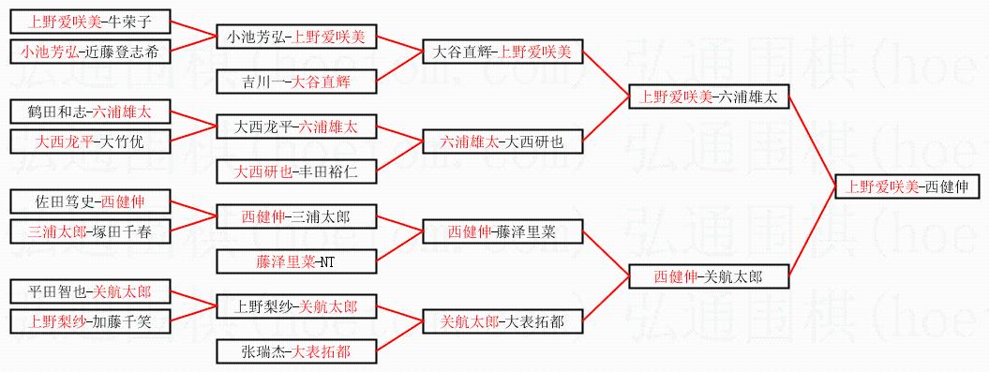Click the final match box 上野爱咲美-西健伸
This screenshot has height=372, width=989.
coord(911,187)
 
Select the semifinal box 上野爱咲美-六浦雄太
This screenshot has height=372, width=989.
coord(709,97)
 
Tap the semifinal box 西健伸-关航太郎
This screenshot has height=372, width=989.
coord(709,276)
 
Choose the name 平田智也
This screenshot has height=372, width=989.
coord(57,292)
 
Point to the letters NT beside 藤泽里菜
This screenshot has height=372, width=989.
coord(327,262)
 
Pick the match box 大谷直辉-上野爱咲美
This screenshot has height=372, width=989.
coord(502,52)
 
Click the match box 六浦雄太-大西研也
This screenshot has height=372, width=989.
coord(502,142)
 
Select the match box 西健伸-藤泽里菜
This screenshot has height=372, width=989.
coord(502,232)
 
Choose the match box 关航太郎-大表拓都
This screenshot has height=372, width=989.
coord(502,322)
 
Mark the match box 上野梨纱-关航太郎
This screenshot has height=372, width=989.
coord(296,307)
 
